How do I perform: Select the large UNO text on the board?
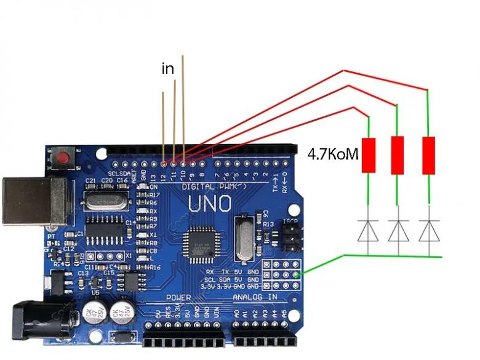point(209,204)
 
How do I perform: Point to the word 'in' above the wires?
point(167,69)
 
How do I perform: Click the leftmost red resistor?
point(368,154)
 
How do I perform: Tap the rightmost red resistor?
point(428,154)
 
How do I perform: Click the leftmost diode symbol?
point(368,231)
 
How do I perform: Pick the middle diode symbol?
point(398,231)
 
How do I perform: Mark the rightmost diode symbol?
point(428,231)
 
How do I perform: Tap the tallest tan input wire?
point(183,105)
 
